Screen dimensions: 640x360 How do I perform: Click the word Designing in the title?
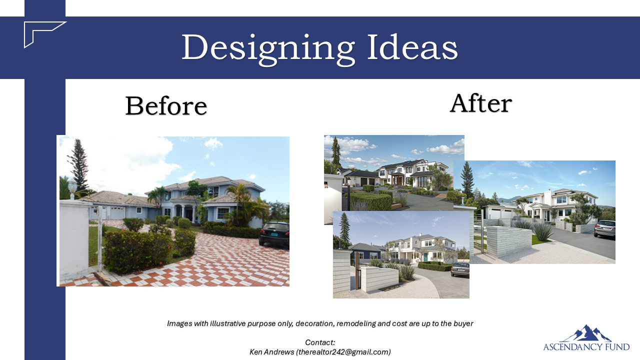point(268,49)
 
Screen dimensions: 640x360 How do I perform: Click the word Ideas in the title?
point(412,46)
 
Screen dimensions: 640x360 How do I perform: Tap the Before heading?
point(166,105)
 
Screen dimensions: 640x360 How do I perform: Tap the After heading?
point(481,103)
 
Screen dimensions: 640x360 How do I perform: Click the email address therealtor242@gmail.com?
point(343,351)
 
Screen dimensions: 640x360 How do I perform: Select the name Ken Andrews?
point(271,351)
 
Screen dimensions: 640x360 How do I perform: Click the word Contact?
point(320,342)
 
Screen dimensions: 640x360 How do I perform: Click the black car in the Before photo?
point(274,234)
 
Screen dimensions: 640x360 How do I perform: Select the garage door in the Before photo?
point(117,213)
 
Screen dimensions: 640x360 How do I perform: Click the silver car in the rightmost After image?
point(604,228)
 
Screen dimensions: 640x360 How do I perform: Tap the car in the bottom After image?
point(460,269)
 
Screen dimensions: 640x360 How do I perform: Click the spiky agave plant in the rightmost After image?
point(543,231)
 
